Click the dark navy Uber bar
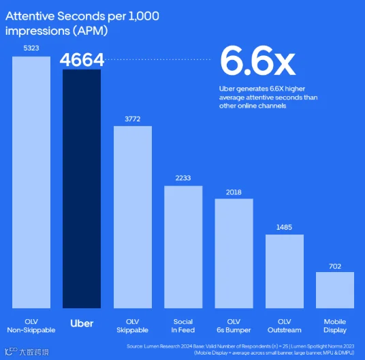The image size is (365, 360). pos(82,189)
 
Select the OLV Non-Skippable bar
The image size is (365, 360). pos(31,182)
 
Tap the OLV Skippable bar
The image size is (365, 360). pos(133,217)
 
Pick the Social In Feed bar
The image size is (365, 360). pos(183,247)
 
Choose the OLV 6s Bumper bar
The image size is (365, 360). pos(234,254)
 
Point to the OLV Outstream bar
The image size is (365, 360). pos(285,271)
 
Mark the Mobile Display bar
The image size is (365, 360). pos(335,290)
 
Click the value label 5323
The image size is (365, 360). pos(31,48)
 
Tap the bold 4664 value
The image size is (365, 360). pos(82,59)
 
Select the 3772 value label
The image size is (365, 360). pos(133,119)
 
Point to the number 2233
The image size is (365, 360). pos(183,178)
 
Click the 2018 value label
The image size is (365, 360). pos(234,192)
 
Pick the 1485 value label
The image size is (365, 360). pos(284,227)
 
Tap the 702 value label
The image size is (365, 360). pos(335,267)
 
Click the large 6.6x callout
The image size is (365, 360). pos(257,61)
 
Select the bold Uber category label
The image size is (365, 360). pos(82,324)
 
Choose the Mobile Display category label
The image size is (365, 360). pos(335,326)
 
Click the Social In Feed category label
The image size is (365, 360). pos(183,326)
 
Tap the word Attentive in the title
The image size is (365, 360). pos(30,16)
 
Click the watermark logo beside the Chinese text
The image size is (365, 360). pos(11,352)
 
